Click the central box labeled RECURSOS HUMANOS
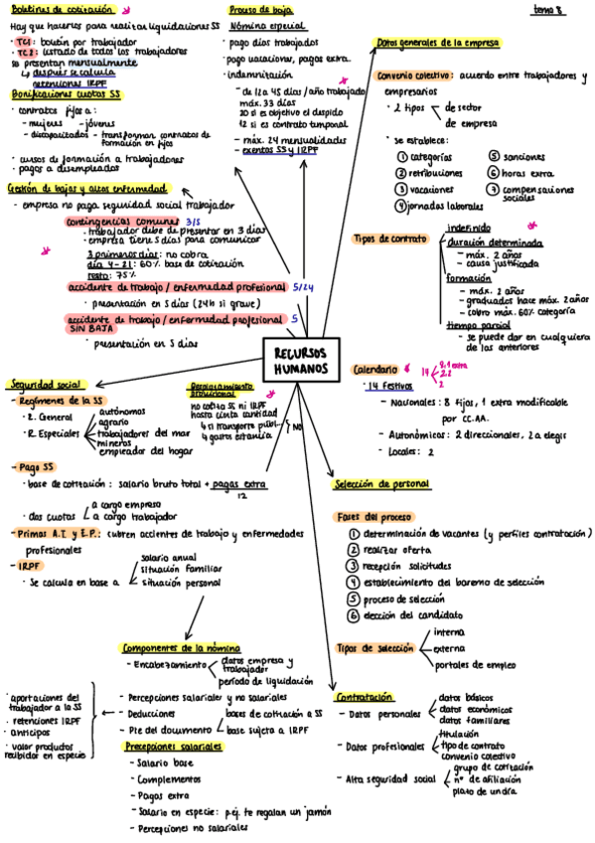303,361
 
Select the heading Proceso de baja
260,9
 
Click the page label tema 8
547,9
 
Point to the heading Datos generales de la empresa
438,44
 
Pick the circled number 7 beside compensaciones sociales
493,189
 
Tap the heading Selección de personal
382,484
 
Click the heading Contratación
364,697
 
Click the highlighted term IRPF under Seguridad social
30,565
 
